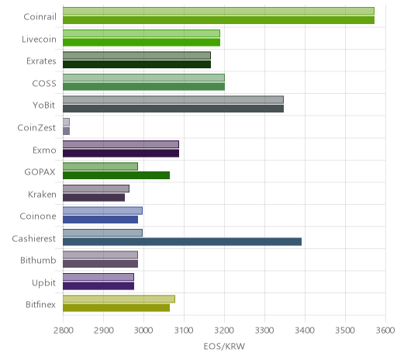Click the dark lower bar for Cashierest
click(182, 242)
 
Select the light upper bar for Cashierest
click(102, 233)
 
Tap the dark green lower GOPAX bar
click(116, 175)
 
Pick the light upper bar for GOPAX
click(100, 166)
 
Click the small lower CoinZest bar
click(67, 131)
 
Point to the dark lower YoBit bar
click(173, 109)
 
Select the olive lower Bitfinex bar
click(116, 308)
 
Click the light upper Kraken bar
click(96, 189)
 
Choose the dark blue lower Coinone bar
click(100, 220)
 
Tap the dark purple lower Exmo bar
click(121, 154)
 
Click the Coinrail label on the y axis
click(40, 16)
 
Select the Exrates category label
click(41, 61)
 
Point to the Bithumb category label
click(38, 260)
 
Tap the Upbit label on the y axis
click(44, 283)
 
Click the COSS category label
click(44, 83)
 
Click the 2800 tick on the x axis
click(64, 331)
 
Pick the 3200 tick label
click(225, 331)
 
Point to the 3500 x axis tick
click(345, 331)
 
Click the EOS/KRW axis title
click(224, 346)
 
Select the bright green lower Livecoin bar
click(141, 42)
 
